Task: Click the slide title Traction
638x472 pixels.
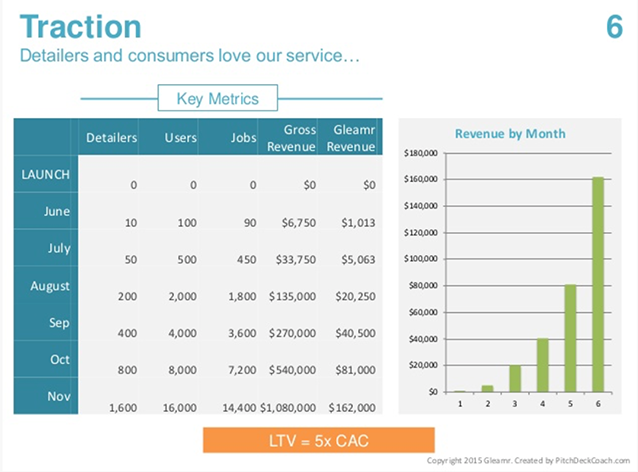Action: (x=80, y=27)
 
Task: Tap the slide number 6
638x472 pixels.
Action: (x=614, y=27)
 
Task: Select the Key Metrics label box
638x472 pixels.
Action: (x=217, y=99)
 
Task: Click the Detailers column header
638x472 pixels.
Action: (x=112, y=138)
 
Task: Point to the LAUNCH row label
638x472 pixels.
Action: (x=45, y=174)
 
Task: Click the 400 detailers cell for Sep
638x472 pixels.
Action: (x=126, y=334)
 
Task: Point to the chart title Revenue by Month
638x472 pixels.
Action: (x=510, y=134)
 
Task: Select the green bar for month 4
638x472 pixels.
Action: (x=542, y=365)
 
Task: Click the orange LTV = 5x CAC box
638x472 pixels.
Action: (x=318, y=440)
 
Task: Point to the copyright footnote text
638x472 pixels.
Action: (x=530, y=460)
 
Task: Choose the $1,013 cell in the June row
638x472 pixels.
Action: (x=357, y=222)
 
